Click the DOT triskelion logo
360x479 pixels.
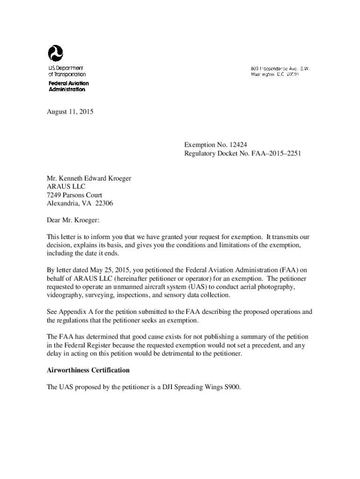click(55, 53)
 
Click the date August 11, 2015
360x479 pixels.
click(70, 112)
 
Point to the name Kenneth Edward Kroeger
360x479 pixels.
click(94, 178)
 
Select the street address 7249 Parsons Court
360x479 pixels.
click(75, 195)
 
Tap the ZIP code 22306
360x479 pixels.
click(104, 203)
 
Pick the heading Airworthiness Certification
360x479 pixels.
click(88, 370)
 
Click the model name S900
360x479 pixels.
click(231, 387)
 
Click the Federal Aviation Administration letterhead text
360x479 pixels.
click(68, 86)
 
